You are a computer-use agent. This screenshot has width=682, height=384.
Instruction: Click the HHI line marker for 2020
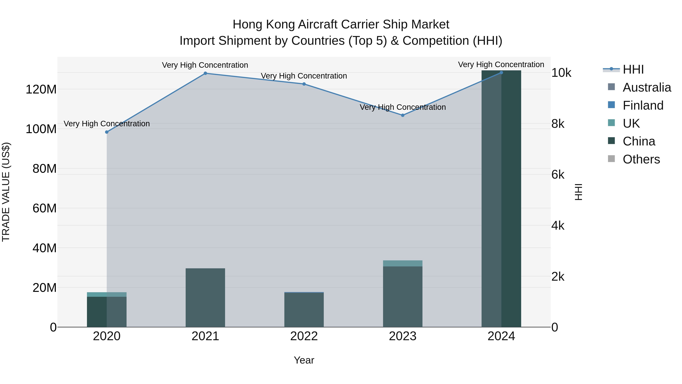(107, 132)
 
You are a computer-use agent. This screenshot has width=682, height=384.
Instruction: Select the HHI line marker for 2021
(205, 73)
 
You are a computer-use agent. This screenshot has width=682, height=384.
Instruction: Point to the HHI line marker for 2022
(304, 84)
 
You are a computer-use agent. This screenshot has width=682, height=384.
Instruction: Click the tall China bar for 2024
(501, 199)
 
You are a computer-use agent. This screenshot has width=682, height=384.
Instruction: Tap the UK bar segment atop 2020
(107, 294)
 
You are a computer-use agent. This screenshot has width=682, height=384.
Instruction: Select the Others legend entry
(641, 159)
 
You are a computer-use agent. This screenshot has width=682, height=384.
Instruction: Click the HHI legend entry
(633, 69)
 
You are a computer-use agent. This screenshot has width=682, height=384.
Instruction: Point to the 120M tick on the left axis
(41, 90)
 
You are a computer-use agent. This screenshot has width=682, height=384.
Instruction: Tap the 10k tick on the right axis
(561, 73)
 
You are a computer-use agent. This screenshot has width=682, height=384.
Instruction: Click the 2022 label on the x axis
(304, 336)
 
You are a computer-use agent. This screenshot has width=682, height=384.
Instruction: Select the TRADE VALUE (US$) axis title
(6, 192)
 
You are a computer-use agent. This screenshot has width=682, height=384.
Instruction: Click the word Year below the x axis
(304, 360)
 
